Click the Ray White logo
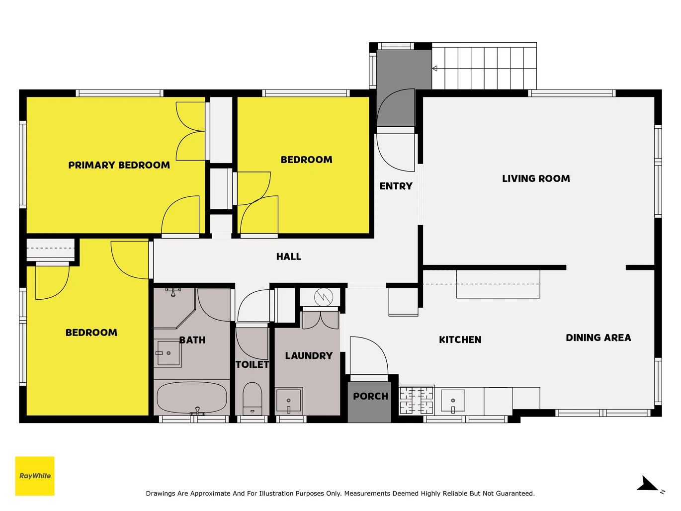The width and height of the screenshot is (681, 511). [x=35, y=476]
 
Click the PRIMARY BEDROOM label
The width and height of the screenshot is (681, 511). [x=119, y=165]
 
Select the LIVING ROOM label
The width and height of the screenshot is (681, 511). [x=536, y=178]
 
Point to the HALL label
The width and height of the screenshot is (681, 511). [x=288, y=256]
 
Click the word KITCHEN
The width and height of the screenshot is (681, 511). [x=460, y=340]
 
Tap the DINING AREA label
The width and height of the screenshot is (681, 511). [x=598, y=338]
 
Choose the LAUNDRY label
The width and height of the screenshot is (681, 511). [x=309, y=355]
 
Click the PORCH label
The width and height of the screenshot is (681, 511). [x=370, y=396]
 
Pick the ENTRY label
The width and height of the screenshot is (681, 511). [x=396, y=186]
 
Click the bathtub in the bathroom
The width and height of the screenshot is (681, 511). [x=192, y=398]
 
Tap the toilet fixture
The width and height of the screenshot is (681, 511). [x=252, y=399]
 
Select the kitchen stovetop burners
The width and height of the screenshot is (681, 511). [x=417, y=400]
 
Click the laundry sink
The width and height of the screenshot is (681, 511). [x=288, y=401]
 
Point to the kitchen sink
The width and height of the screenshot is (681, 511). [x=453, y=401]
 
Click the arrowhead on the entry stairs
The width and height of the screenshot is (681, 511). [x=434, y=68]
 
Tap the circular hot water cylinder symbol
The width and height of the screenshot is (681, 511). [x=324, y=297]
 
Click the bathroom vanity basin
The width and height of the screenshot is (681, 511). [x=168, y=353]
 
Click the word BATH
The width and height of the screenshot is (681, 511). [x=192, y=340]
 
